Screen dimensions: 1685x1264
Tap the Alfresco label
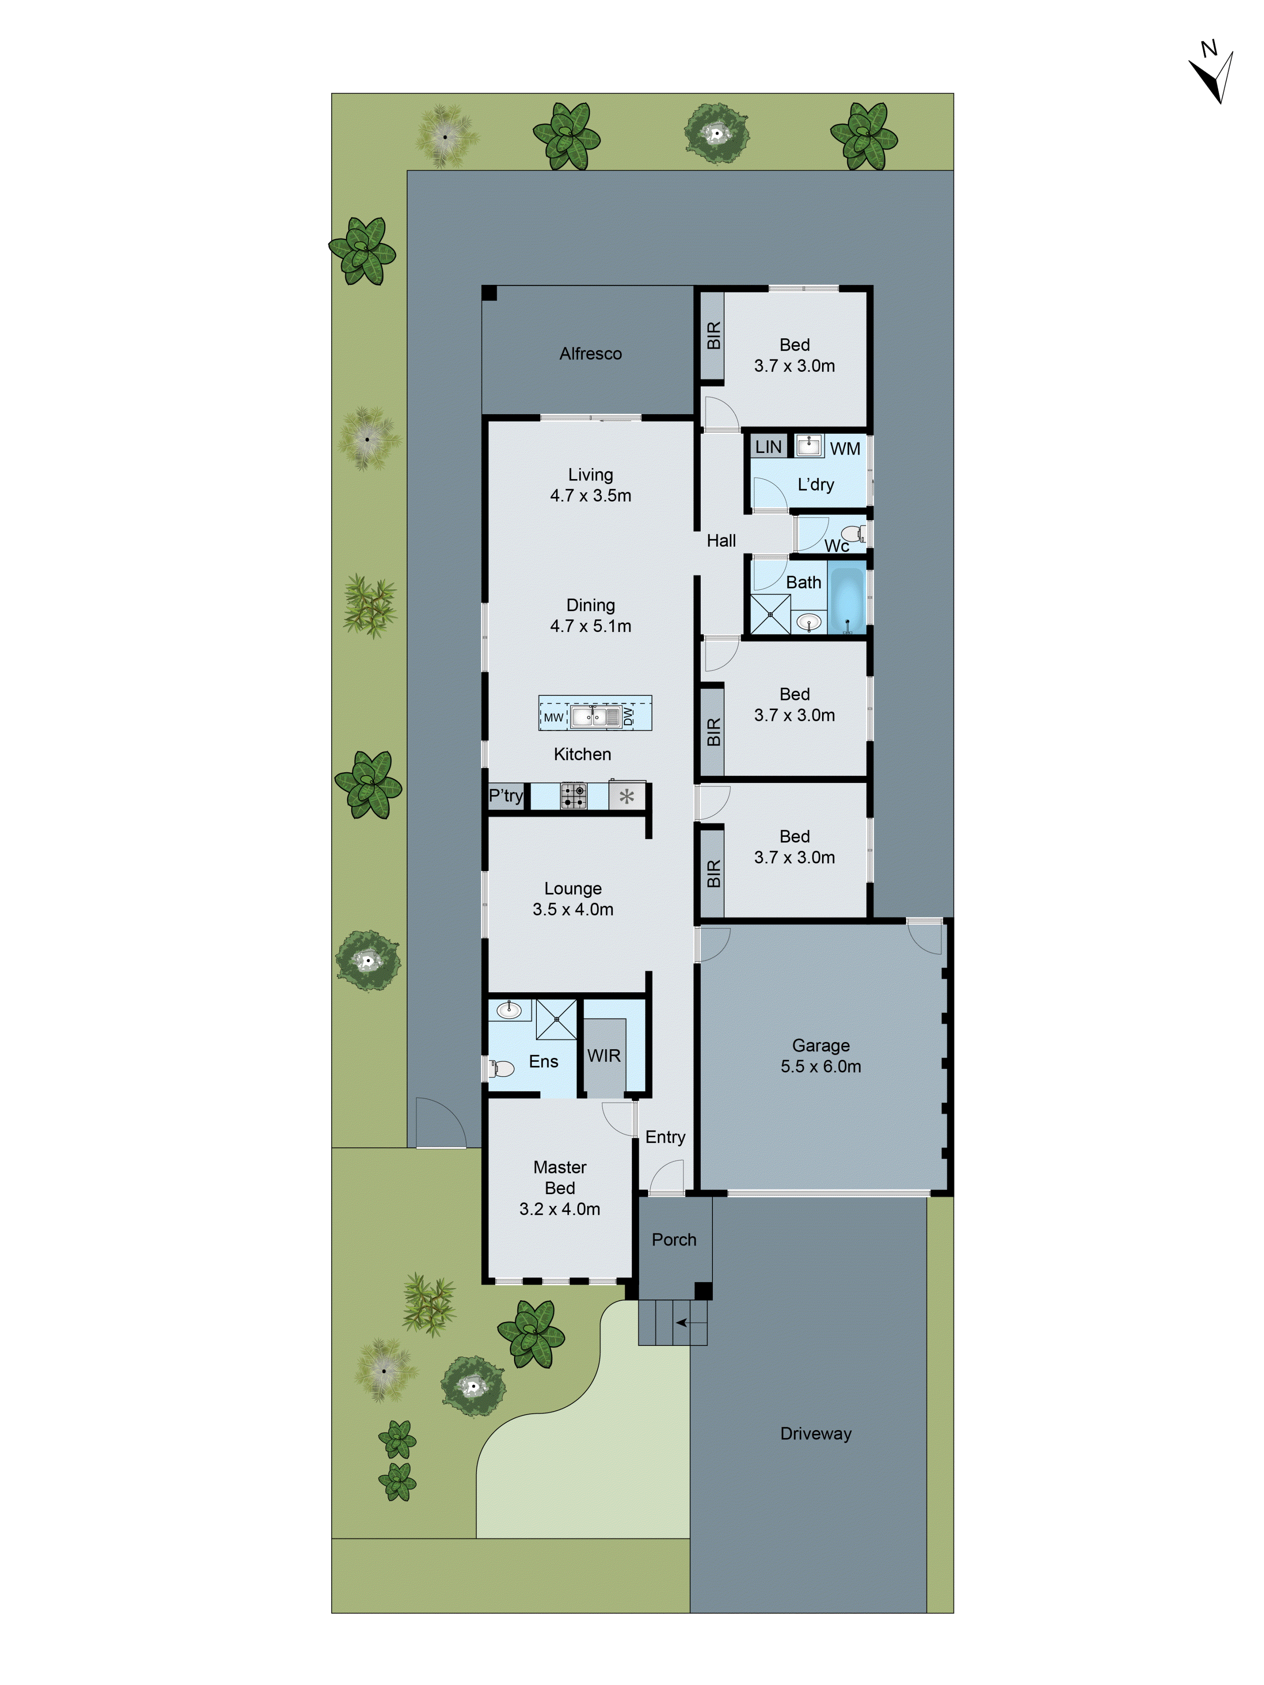pyautogui.click(x=590, y=354)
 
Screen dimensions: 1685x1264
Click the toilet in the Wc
pyautogui.click(x=853, y=533)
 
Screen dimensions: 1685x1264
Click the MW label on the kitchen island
pyautogui.click(x=553, y=718)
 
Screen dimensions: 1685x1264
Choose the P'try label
pyautogui.click(x=505, y=796)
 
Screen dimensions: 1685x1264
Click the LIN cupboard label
pyautogui.click(x=768, y=447)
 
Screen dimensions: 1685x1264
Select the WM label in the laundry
pyautogui.click(x=844, y=449)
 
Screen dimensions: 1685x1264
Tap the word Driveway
pyautogui.click(x=815, y=1433)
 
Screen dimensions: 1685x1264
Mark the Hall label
pyautogui.click(x=721, y=541)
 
